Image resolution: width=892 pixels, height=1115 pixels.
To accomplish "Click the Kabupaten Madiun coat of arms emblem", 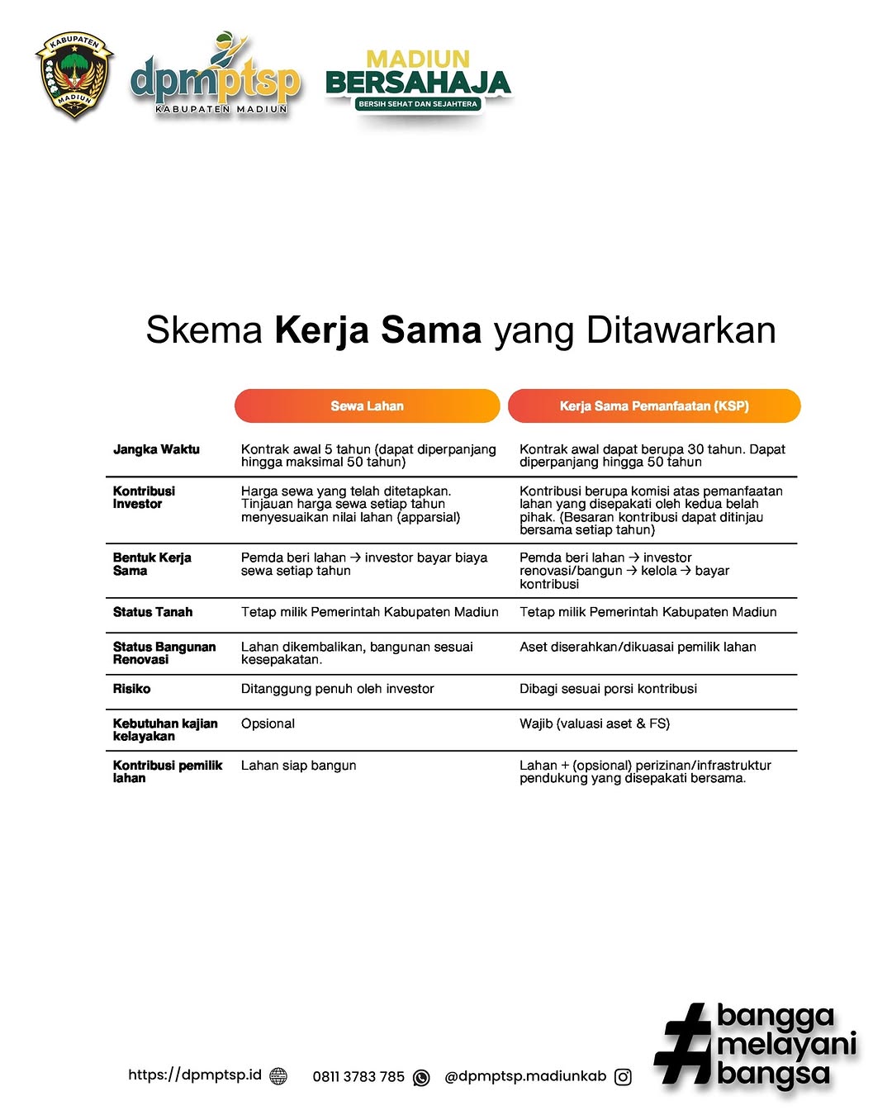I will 74,75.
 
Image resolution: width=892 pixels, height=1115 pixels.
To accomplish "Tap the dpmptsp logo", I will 215,77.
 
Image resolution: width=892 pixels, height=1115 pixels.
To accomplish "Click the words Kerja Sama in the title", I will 377,330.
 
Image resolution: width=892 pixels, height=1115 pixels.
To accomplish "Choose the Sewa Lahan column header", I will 368,406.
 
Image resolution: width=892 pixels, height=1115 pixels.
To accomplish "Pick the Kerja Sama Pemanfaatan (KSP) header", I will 654,406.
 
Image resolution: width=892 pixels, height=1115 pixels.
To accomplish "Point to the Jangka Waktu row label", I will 156,449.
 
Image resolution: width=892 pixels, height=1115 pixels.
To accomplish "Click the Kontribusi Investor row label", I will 144,497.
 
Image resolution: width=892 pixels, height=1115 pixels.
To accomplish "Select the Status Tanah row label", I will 153,612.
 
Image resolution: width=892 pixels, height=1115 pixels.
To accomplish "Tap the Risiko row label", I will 132,689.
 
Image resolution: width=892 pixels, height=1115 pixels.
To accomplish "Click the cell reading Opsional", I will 268,724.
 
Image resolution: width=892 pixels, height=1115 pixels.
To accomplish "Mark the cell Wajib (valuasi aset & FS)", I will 595,724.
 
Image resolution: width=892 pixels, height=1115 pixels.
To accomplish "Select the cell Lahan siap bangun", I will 299,766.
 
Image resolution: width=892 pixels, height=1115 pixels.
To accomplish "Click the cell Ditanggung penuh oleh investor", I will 337,689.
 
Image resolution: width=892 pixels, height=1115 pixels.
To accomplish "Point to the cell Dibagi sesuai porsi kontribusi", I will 608,689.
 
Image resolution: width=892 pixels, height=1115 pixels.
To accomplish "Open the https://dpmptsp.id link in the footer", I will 195,1075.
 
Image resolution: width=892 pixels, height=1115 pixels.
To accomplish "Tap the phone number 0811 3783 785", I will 358,1076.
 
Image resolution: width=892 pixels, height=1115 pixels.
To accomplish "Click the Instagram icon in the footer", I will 624,1076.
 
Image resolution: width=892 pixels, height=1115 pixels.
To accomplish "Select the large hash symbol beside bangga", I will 684,1044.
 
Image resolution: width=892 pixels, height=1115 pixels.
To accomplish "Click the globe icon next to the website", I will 278,1076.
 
